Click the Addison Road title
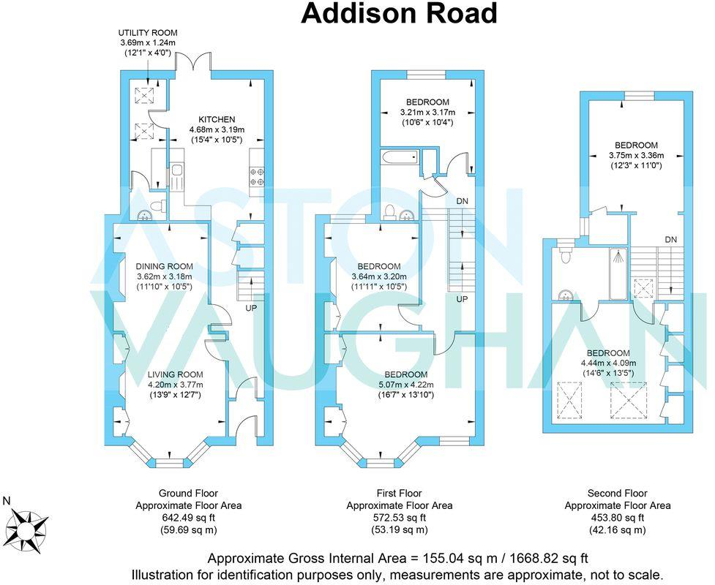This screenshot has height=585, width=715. point(399,14)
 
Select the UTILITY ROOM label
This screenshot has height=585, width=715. point(149,33)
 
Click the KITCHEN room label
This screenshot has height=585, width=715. point(217,120)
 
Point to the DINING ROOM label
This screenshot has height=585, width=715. point(164,266)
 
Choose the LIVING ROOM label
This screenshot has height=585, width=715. point(175,374)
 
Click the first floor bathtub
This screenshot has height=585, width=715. point(400,156)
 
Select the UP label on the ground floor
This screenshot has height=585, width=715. point(251,308)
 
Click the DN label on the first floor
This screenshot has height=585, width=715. point(462,200)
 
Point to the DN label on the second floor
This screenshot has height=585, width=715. point(671,239)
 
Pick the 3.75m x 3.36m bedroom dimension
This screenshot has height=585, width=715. point(636,155)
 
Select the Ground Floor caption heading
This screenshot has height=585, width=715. point(188,493)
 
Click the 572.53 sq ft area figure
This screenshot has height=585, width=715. point(399,518)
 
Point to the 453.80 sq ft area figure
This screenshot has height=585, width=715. point(617,518)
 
